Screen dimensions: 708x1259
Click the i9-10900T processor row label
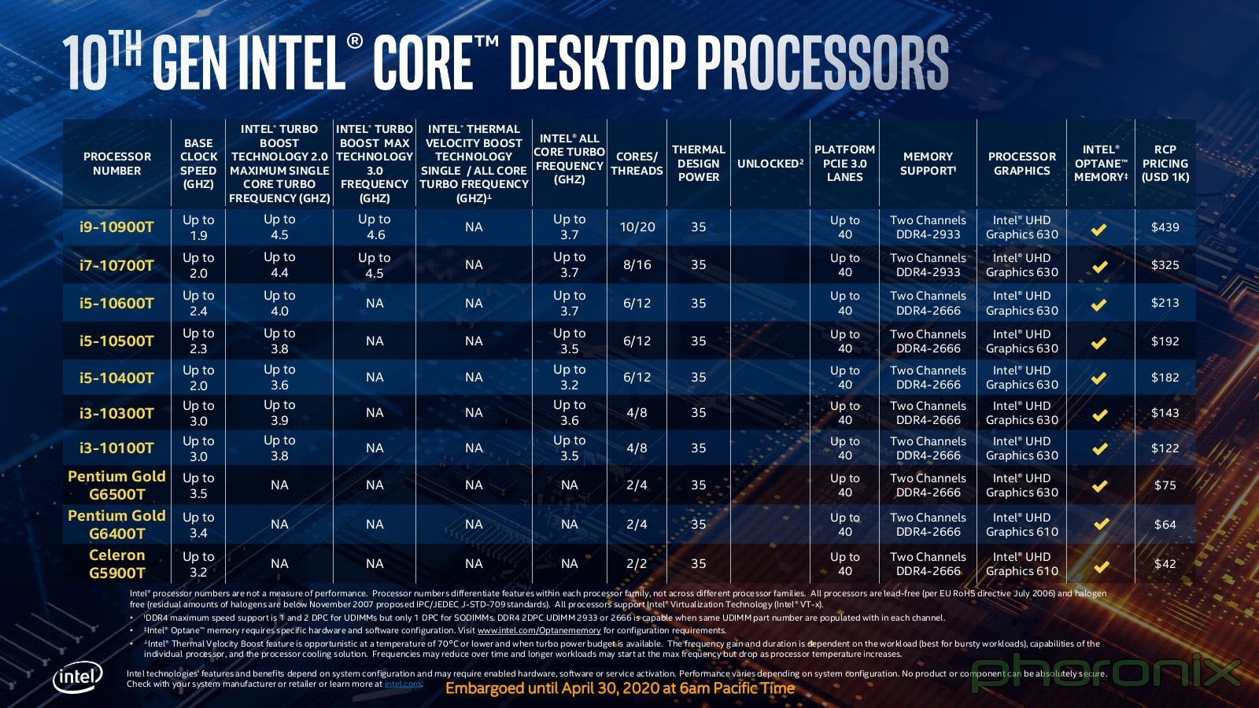[x=116, y=227]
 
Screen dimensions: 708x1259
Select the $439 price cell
[x=1165, y=227]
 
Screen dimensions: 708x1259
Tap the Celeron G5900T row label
[x=116, y=564]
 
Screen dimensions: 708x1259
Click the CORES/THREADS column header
[x=637, y=164]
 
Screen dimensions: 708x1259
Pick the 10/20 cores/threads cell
[x=637, y=227]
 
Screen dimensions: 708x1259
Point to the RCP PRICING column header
[x=1165, y=164]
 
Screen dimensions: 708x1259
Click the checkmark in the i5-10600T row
[x=1099, y=304]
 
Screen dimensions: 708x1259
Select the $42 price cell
[x=1165, y=564]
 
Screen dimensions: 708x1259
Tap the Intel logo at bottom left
[x=78, y=677]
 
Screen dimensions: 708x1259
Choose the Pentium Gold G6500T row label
[x=116, y=485]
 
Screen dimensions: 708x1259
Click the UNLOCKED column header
[x=770, y=164]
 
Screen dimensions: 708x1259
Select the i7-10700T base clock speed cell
[x=198, y=265]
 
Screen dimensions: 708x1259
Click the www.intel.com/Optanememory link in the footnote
[x=538, y=631]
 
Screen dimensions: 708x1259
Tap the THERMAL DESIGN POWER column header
[x=698, y=164]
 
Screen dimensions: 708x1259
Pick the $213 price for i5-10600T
[x=1165, y=303]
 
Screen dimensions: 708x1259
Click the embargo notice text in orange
[x=620, y=688]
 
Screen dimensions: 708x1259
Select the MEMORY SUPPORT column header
[x=928, y=164]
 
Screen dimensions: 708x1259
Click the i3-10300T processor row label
[x=116, y=413]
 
